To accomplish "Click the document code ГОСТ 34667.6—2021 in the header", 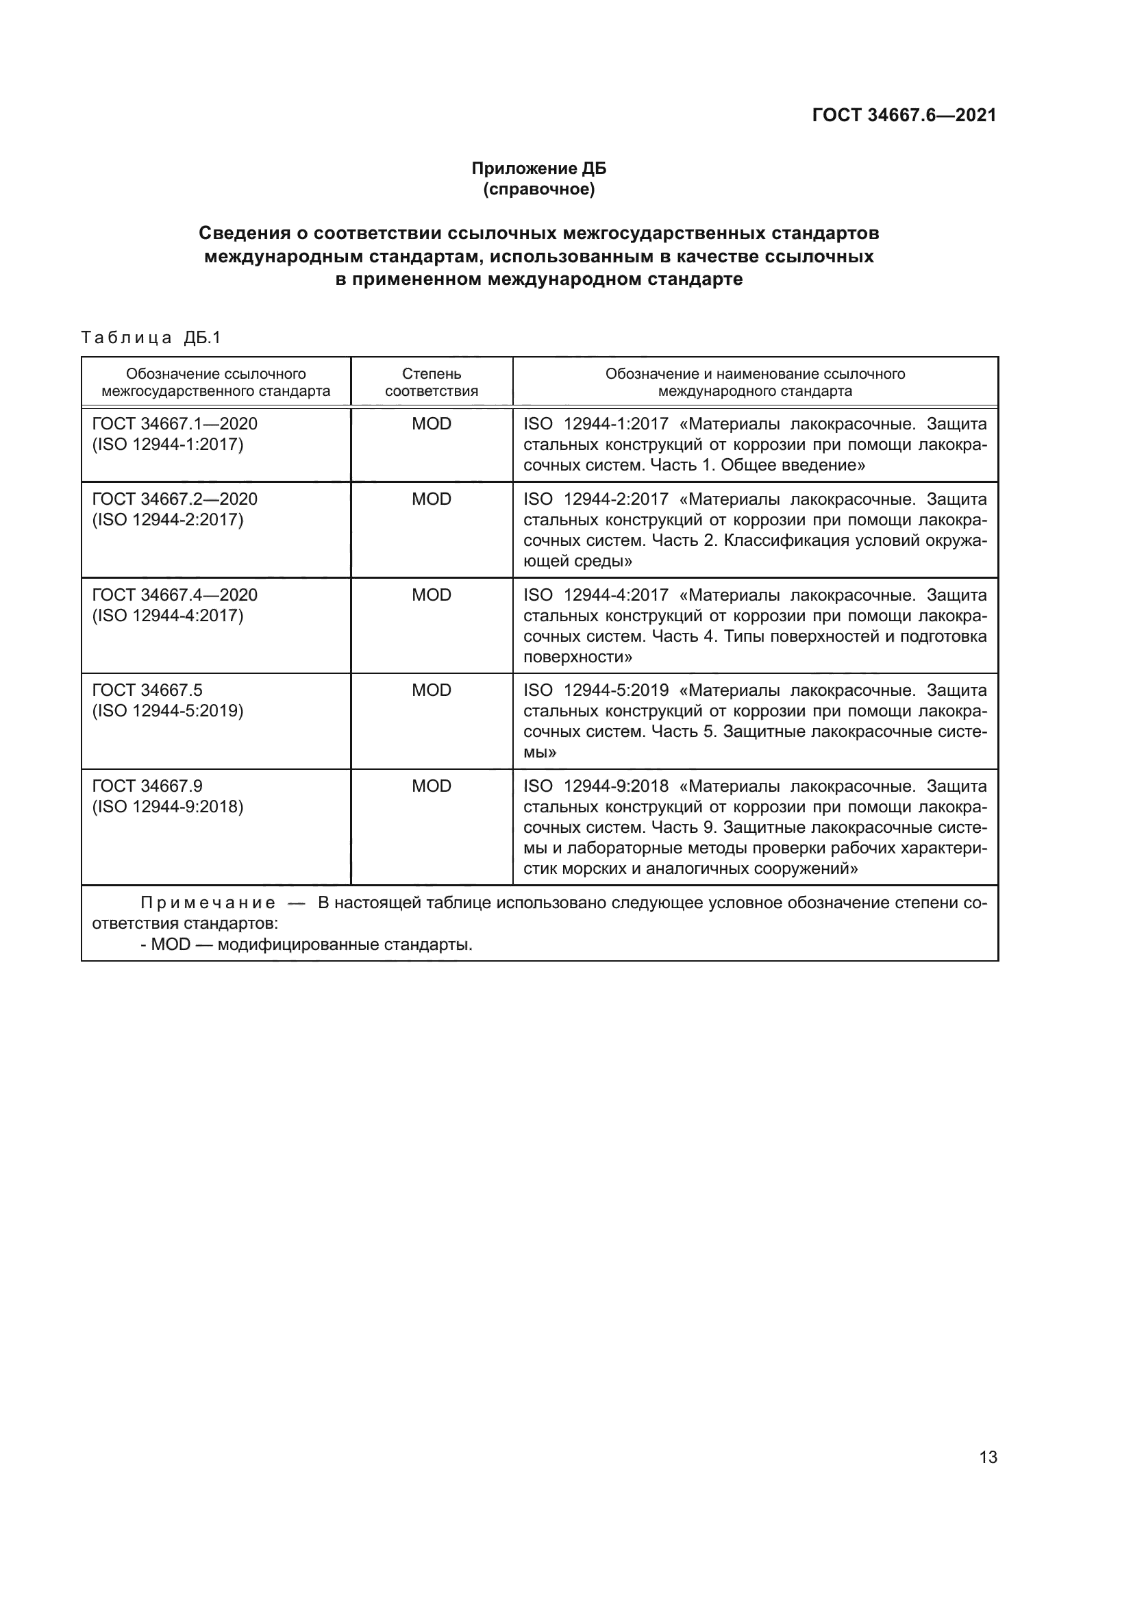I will [x=904, y=115].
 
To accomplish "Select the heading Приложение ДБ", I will [x=538, y=168].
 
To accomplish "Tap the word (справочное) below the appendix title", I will [x=538, y=189].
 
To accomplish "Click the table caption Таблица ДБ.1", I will [x=151, y=338].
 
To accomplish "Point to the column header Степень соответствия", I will [x=431, y=382].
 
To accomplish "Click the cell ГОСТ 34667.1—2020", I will [x=175, y=423].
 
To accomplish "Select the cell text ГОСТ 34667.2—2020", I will [x=175, y=499].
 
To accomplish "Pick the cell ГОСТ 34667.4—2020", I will [x=175, y=595].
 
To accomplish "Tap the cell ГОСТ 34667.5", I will [x=147, y=690].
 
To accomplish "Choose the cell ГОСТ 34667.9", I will [x=147, y=786].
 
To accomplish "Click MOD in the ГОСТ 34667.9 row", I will [x=431, y=786].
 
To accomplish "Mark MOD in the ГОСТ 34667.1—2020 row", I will [x=431, y=423].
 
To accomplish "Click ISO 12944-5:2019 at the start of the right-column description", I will [x=595, y=690].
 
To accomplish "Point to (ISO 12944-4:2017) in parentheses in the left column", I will [x=167, y=616].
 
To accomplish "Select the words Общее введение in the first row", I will [x=793, y=465].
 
